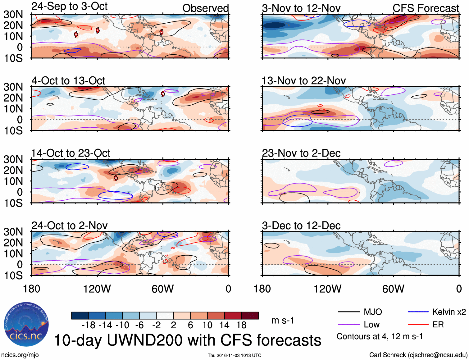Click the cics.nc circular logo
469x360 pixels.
pos(26,324)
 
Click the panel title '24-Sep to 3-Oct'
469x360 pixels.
pos(69,6)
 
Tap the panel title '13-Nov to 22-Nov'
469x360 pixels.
pos(303,81)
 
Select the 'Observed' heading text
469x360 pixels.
pos(205,8)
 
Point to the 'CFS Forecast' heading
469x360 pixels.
pos(426,8)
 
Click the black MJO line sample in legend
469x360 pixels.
pos(348,312)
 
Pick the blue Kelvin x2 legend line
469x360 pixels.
pos(418,312)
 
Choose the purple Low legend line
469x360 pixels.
pos(348,325)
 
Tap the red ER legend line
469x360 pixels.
pos(418,325)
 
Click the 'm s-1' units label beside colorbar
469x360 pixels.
pos(283,320)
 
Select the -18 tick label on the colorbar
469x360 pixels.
pos(89,325)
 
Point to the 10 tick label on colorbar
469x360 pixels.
pos(207,325)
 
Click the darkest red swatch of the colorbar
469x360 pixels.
pos(250,316)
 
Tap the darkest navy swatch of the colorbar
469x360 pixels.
pos(80,316)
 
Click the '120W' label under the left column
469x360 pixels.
pos(97,289)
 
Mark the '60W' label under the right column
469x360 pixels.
pos(393,289)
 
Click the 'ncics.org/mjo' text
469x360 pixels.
pos(20,355)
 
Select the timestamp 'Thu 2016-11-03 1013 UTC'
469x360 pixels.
pos(234,355)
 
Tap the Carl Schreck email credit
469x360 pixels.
pos(418,355)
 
